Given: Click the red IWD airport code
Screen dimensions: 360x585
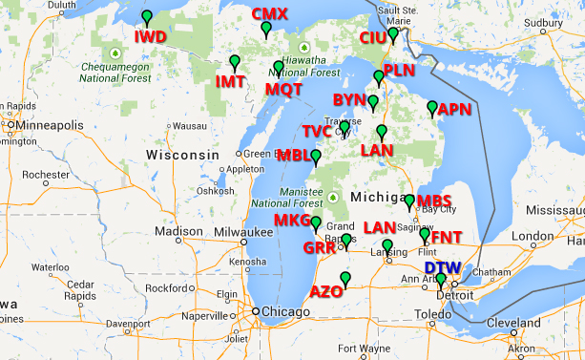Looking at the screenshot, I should coord(150,37).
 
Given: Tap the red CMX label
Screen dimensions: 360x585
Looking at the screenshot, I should coord(269,14).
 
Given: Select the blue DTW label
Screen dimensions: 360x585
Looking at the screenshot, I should coord(442,268).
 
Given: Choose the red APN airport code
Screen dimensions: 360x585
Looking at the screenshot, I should coord(454,110).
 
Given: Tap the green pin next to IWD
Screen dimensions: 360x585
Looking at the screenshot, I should coord(146,18).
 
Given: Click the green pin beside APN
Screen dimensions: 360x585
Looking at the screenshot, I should coord(432,108).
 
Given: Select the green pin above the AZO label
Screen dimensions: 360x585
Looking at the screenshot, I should coord(345,279).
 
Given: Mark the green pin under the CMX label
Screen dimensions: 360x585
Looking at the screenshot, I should coord(266,30).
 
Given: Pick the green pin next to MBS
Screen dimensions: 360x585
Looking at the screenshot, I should coord(409,201).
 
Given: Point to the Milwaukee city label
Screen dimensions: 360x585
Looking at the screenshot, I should coord(240,231).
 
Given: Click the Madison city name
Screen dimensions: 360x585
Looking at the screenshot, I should coord(179,231).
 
